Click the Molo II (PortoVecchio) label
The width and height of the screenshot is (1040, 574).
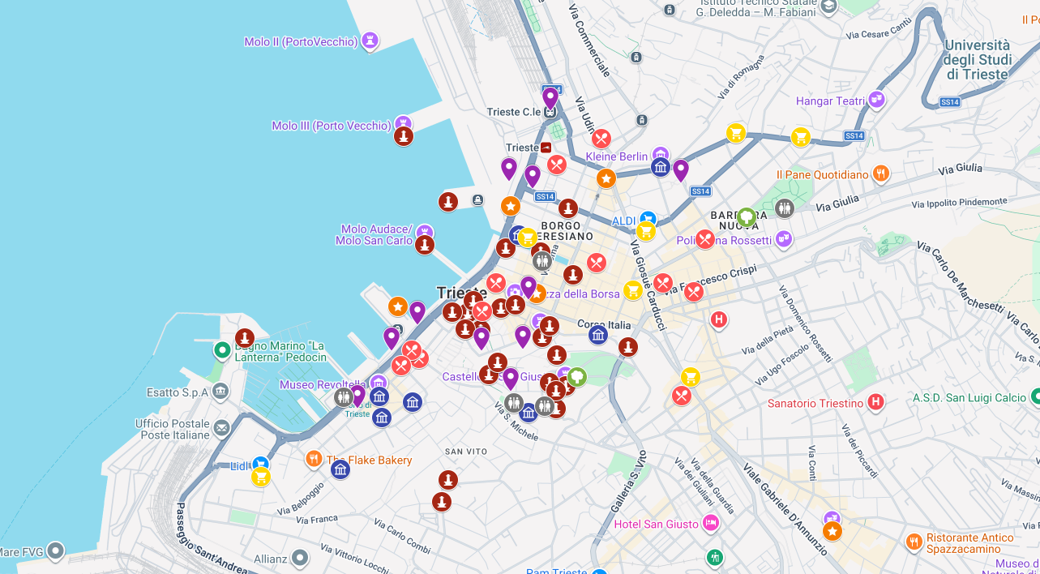coord(301,42)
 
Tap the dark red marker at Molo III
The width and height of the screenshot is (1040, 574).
coord(404,136)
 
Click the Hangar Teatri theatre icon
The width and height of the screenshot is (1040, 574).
coord(875,100)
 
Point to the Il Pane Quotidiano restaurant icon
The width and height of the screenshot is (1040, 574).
coord(881,173)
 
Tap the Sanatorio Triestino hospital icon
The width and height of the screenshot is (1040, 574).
coord(875,401)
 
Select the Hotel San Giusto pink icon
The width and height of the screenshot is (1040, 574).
coord(711,523)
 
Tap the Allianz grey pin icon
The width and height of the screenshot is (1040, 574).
coord(300,558)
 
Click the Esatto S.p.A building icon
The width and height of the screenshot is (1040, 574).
coord(220,392)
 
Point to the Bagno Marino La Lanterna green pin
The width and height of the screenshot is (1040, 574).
coord(222,350)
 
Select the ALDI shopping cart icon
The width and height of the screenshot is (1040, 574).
coord(647,219)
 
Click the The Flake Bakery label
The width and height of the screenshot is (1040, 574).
coord(370,460)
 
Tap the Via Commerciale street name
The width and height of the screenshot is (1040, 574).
coord(590,41)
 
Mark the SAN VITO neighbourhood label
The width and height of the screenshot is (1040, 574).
coord(466,451)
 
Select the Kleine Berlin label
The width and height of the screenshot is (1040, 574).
coord(617,156)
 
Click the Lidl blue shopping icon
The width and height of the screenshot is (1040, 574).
coord(259,464)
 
